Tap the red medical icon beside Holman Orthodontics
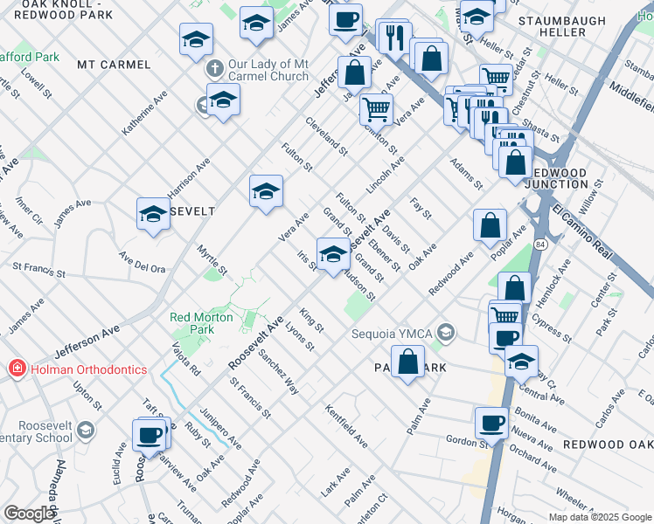[15, 369]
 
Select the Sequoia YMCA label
[393, 333]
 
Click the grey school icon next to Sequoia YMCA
[447, 332]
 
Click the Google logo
[28, 514]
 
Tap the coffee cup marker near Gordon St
[491, 423]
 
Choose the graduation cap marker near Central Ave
[521, 361]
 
